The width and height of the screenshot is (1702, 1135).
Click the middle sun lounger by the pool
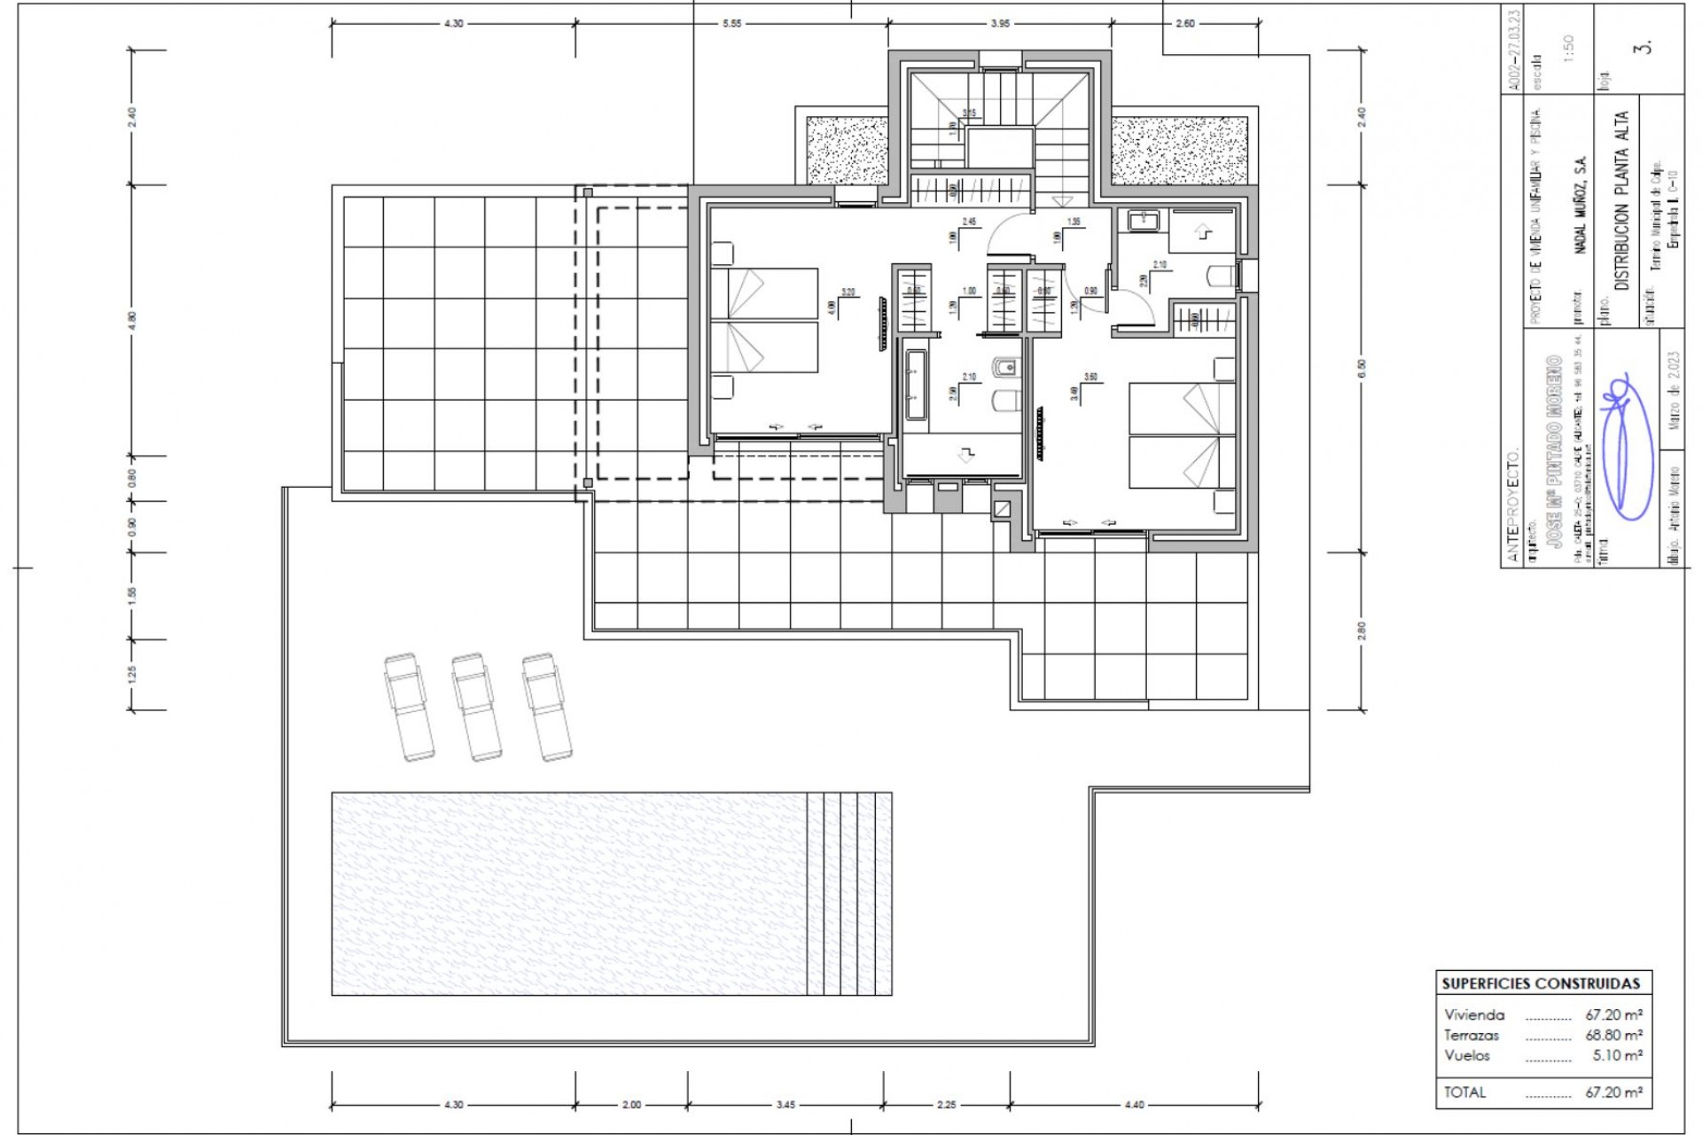476,707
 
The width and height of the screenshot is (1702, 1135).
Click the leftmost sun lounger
409,707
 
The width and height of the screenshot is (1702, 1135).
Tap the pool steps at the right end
848,893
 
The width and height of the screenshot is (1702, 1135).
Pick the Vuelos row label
1467,1055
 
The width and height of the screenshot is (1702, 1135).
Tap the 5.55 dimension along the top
731,24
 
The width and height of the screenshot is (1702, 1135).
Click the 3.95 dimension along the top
1000,24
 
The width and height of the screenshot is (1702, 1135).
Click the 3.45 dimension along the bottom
785,1105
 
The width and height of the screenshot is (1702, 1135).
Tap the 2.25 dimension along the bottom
946,1105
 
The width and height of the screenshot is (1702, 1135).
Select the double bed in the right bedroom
1181,435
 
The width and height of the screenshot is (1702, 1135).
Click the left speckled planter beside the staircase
847,148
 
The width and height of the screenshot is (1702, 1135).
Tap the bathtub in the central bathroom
917,386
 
